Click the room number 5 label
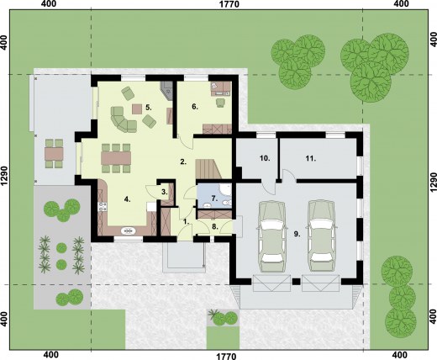[148, 108]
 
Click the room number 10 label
[263, 158]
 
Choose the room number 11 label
[310, 158]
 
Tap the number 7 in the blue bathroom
[214, 199]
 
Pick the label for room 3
[165, 193]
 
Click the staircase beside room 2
[208, 168]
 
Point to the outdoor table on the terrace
[53, 153]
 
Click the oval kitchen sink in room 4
[127, 230]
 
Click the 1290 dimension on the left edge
[5, 179]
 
